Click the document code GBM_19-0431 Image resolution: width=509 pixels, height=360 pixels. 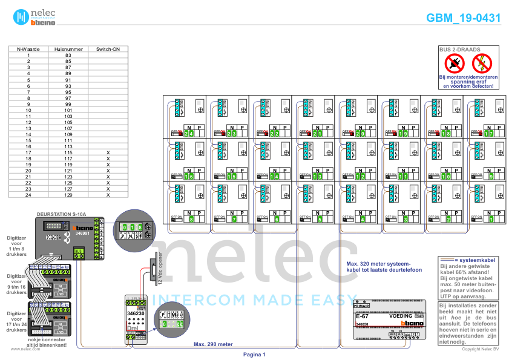point(463,18)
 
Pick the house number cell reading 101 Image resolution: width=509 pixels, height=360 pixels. point(68,110)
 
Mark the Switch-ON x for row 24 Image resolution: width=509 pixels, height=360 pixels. point(108,195)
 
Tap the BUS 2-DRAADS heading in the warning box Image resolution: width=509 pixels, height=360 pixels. point(468,48)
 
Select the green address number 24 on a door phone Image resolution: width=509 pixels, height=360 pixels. point(190,133)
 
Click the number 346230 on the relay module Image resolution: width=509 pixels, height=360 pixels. point(136,313)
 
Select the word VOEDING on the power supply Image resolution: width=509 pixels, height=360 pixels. point(401,316)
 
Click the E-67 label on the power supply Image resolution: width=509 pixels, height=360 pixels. point(362,316)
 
